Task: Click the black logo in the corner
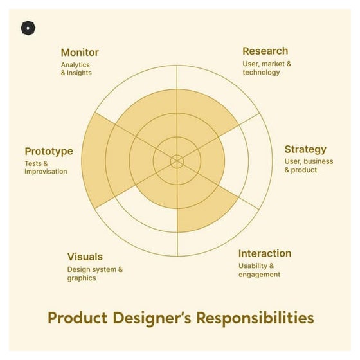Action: [x=28, y=28]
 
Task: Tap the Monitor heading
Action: [x=80, y=52]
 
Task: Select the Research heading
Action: [x=265, y=51]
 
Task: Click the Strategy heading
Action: [x=305, y=149]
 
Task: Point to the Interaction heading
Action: [x=264, y=253]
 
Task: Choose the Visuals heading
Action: [x=85, y=256]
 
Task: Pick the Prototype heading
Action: [x=49, y=151]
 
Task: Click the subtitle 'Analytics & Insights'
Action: [x=76, y=69]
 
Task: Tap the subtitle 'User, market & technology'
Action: [x=267, y=68]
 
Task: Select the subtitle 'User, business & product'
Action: [x=309, y=166]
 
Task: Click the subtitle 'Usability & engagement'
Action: [x=260, y=270]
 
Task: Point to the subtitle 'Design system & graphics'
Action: [x=95, y=274]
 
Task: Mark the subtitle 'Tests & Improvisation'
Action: [x=46, y=168]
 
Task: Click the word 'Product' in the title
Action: [x=80, y=318]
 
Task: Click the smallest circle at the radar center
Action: [x=177, y=161]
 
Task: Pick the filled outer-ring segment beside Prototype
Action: [x=93, y=161]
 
